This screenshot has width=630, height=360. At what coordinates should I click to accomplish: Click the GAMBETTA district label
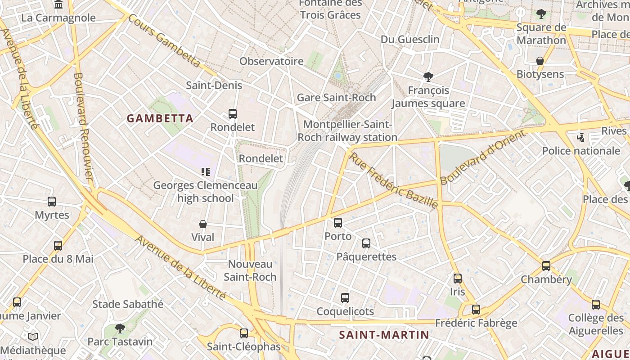(x=160, y=119)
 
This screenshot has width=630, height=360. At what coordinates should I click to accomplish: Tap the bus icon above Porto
(x=338, y=223)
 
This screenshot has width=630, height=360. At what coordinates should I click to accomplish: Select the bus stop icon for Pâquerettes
(x=366, y=243)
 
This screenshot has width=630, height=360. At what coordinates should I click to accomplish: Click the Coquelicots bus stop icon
(x=345, y=298)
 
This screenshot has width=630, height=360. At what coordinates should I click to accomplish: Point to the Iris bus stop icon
(x=458, y=279)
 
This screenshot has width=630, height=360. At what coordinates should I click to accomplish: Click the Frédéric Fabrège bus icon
(x=476, y=310)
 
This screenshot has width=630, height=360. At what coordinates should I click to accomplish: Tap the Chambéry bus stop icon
(x=546, y=266)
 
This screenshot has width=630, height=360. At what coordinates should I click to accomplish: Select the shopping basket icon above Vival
(x=203, y=224)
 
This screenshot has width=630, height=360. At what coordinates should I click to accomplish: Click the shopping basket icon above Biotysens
(x=540, y=61)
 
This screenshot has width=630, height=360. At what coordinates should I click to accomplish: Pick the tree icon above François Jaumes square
(x=428, y=77)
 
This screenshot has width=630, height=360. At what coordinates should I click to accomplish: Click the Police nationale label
(x=581, y=151)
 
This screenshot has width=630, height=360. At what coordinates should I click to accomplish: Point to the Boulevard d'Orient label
(x=482, y=157)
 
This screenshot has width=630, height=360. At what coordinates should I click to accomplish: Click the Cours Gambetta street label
(x=164, y=41)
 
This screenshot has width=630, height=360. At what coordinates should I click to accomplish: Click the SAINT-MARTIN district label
(x=384, y=335)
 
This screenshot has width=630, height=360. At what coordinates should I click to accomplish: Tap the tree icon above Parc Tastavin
(x=120, y=328)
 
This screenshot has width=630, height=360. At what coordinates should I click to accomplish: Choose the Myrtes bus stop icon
(x=52, y=202)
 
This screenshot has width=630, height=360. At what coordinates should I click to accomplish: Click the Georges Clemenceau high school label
(x=205, y=192)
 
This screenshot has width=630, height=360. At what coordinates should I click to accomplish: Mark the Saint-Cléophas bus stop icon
(x=244, y=333)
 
